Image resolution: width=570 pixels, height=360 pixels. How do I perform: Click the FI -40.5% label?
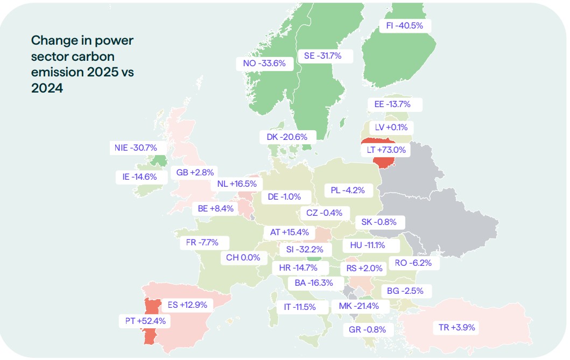[405, 26]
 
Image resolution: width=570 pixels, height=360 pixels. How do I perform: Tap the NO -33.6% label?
[264, 63]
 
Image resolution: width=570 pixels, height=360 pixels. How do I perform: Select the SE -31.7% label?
[323, 56]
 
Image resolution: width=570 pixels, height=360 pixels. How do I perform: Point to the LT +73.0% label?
[386, 150]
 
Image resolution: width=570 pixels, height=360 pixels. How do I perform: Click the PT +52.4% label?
[145, 321]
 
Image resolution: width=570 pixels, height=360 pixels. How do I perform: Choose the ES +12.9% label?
[187, 305]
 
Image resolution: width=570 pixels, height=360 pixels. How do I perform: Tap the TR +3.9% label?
[456, 327]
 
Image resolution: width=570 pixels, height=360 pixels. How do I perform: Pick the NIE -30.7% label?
[136, 148]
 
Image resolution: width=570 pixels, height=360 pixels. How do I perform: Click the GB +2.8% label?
[195, 172]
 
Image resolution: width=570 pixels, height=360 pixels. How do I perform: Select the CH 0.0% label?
[243, 258]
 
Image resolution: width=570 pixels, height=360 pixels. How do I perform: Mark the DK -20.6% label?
[287, 137]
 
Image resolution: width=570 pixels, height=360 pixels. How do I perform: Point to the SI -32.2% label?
[305, 250]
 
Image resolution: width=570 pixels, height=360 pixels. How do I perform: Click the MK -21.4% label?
[359, 306]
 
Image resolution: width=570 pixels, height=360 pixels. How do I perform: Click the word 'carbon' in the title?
[96, 57]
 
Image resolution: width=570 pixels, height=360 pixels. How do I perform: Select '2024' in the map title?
[47, 88]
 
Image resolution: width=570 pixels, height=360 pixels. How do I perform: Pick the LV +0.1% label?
[391, 128]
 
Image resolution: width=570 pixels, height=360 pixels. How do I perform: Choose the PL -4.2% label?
[348, 190]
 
